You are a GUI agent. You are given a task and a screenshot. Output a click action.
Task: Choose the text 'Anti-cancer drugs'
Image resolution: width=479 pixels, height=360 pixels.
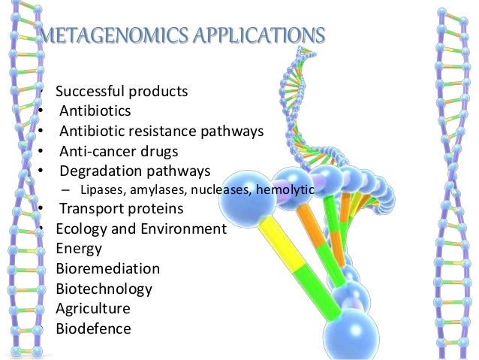click(x=119, y=150)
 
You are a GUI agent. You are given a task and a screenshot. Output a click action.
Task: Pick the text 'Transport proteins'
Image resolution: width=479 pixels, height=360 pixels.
click(x=121, y=209)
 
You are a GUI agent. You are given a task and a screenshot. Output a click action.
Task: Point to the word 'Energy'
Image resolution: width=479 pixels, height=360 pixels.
click(x=79, y=249)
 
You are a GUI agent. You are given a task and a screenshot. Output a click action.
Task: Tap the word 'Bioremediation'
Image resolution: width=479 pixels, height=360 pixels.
click(x=107, y=269)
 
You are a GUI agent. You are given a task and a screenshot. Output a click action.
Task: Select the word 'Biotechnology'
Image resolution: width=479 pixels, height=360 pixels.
click(x=104, y=289)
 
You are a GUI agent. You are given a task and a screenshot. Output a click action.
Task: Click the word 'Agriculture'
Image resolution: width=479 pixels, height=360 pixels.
click(x=93, y=309)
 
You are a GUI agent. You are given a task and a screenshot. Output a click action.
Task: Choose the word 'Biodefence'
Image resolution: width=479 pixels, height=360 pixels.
click(x=93, y=328)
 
